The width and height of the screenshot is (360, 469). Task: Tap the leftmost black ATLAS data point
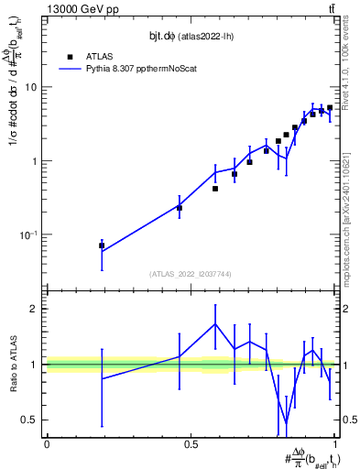click(102, 245)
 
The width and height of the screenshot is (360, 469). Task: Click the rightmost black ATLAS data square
click(330, 108)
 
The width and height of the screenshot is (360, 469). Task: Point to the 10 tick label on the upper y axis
click(31, 88)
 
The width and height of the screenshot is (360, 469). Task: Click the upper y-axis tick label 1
click(35, 161)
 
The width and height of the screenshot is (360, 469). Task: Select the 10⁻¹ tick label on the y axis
click(29, 235)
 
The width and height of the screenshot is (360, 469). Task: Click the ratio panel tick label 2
click(35, 309)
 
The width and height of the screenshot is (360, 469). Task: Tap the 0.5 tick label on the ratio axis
click(30, 420)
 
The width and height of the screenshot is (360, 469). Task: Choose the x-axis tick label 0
click(47, 443)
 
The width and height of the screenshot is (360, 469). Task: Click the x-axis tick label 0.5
click(191, 443)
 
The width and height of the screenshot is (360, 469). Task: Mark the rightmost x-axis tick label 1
click(336, 443)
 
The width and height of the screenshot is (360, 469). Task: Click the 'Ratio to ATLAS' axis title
click(12, 364)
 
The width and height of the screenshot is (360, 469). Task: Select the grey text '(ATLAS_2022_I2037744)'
click(191, 274)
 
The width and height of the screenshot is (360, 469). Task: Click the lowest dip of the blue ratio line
click(287, 423)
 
